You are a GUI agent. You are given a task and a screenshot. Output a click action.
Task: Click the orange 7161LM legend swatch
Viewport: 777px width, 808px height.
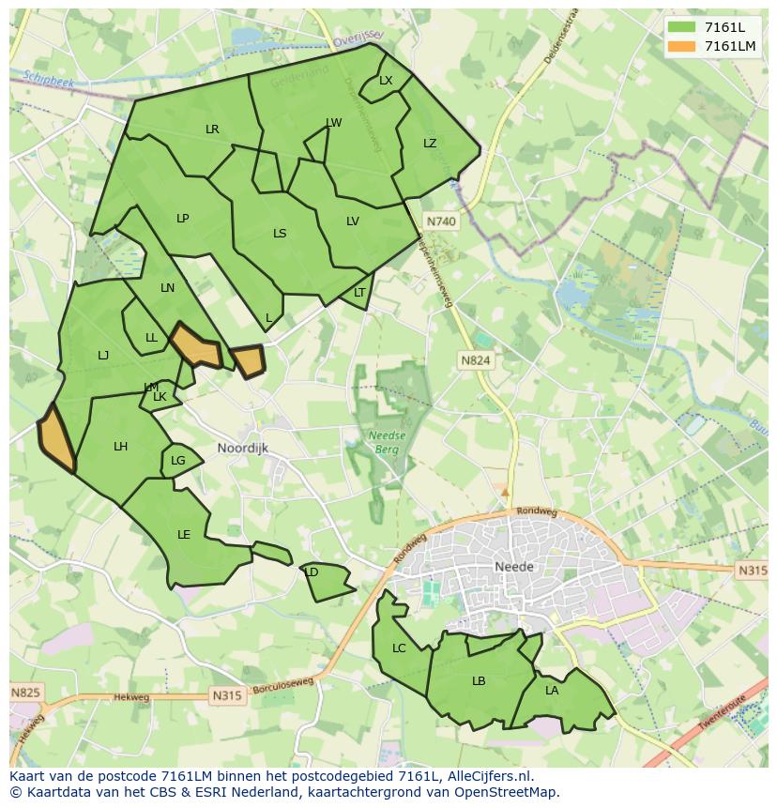point(682,46)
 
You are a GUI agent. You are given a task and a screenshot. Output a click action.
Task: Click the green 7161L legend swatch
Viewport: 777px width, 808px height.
point(682,27)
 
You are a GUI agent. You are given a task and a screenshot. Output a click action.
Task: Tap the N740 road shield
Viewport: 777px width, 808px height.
point(440,221)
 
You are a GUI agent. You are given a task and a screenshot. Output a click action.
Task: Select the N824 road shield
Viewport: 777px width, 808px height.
point(475,359)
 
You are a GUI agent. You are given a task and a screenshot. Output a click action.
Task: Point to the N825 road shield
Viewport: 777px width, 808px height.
point(25,693)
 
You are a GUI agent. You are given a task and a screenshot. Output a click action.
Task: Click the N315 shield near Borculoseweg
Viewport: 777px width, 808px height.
point(227,695)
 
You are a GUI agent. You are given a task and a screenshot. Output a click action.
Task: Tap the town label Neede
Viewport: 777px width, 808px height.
point(513,567)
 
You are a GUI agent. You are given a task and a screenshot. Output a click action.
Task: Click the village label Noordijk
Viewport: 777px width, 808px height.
point(242,449)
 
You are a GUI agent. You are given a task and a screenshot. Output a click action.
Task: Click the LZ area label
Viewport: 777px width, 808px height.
point(430,144)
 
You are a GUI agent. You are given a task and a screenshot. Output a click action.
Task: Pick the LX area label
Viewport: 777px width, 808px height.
point(386,81)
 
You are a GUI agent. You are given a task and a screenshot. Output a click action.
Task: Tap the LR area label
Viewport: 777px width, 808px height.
point(212,130)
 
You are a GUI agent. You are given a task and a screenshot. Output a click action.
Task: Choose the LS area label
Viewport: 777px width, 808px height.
point(280,234)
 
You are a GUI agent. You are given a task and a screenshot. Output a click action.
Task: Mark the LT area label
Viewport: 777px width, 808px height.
point(359,293)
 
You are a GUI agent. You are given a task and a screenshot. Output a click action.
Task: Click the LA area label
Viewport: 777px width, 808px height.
point(552,691)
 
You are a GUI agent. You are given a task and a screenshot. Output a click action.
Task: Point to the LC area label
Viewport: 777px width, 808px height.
point(399,648)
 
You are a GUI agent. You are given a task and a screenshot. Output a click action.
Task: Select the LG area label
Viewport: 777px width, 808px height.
point(178,461)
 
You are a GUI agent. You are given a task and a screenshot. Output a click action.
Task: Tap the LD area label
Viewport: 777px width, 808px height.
point(312,572)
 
